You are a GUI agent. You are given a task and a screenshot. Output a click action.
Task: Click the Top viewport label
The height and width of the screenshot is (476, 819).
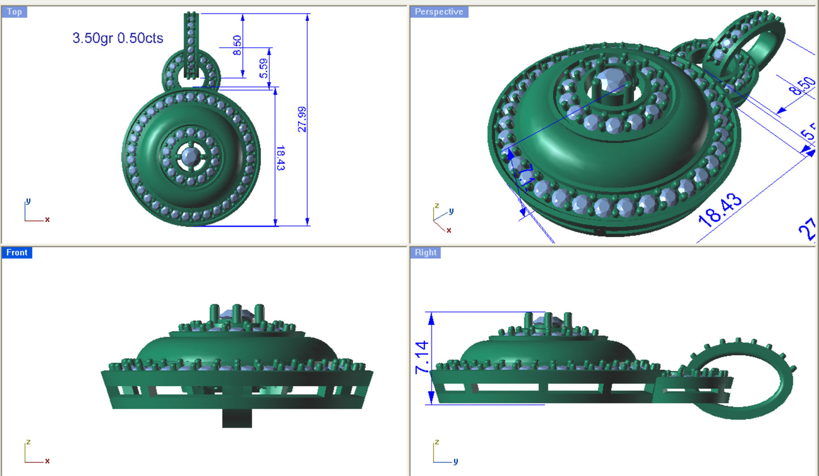pos(14,12)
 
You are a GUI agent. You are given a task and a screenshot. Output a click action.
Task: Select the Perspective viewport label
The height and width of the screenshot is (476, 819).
pos(439,12)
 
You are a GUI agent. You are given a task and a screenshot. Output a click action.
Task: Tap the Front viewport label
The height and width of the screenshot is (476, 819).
pos(16,252)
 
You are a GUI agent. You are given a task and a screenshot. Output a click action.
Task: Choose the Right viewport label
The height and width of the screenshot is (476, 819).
pos(425,252)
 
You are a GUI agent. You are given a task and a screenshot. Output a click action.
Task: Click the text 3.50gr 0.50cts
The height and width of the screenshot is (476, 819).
pos(118,39)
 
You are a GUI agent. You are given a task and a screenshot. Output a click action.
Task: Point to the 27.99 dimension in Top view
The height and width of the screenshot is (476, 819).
pos(302,120)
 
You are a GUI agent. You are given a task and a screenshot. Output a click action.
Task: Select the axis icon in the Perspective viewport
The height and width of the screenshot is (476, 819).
pos(442,219)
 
